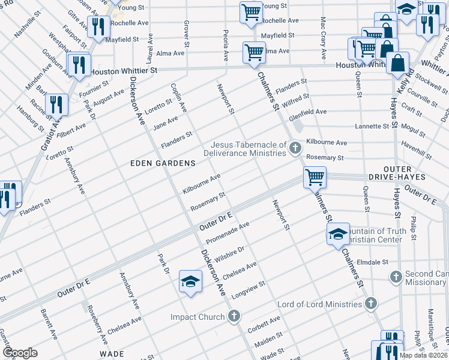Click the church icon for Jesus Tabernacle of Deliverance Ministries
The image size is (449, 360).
pos(295,148)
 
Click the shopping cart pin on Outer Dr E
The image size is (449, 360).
pos(314,177)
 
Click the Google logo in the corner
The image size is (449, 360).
pos(20,353)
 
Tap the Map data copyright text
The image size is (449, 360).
pos(424,355)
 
